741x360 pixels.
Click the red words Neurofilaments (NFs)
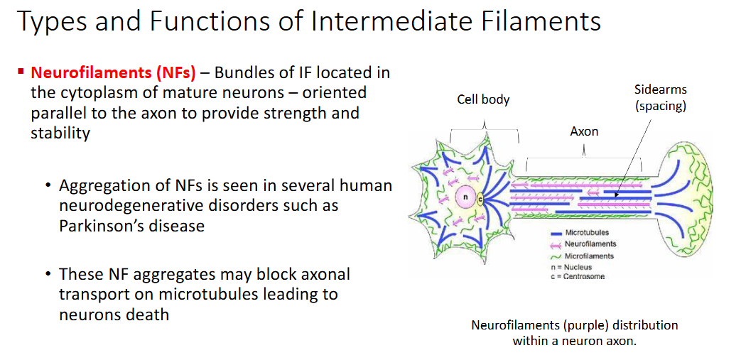click(113, 73)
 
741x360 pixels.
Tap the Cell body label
click(483, 99)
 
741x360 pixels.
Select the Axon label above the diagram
click(584, 131)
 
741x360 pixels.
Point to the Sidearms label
click(660, 89)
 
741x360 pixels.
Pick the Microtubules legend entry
click(587, 233)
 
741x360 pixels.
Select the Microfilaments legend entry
click(589, 256)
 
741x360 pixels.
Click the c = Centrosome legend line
click(578, 276)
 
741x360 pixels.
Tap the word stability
click(60, 133)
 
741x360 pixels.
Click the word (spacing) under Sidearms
click(661, 106)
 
